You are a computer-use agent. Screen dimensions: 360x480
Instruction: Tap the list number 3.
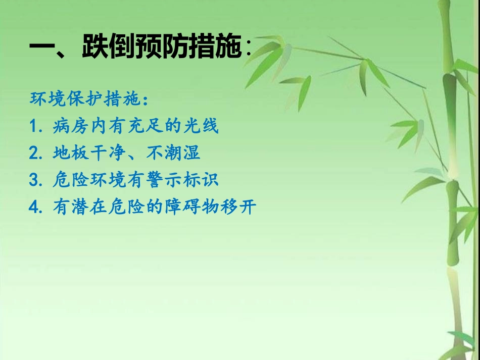pyautogui.click(x=35, y=180)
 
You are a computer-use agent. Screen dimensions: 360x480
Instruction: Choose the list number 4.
pyautogui.click(x=35, y=207)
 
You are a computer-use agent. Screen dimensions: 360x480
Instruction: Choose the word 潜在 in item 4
pyautogui.click(x=90, y=207)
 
